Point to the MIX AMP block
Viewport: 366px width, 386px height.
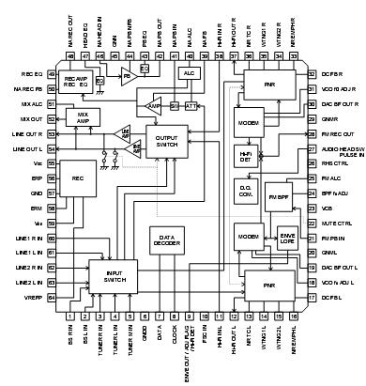click(82, 120)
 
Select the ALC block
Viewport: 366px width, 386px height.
click(188, 72)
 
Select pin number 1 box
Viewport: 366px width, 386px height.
click(71, 316)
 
